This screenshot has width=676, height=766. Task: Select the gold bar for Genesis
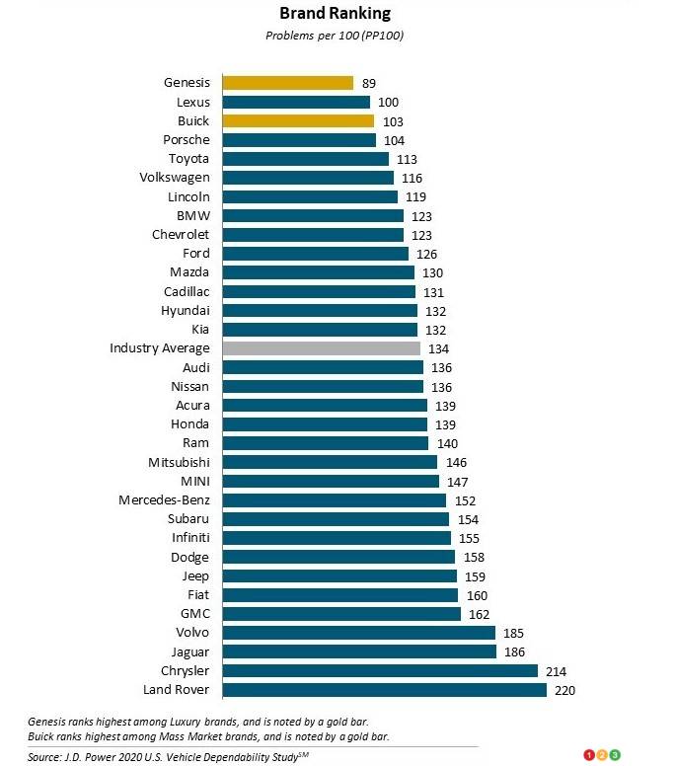point(287,83)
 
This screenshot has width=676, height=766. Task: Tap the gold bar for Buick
point(298,120)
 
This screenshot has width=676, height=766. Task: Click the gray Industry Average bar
point(322,348)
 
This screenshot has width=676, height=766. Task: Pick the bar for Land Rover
point(384,690)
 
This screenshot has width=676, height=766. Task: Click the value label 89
point(369,84)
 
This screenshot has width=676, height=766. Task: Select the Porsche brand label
point(187,140)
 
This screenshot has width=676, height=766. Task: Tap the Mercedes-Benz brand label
point(164,500)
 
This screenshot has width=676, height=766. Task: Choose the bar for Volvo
point(358,633)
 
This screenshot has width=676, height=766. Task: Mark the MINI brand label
point(193,482)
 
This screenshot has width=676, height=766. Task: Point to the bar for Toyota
point(305,159)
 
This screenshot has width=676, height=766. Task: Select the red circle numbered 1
point(589,755)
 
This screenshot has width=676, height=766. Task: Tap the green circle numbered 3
point(615,755)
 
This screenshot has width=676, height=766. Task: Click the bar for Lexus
point(296,102)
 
